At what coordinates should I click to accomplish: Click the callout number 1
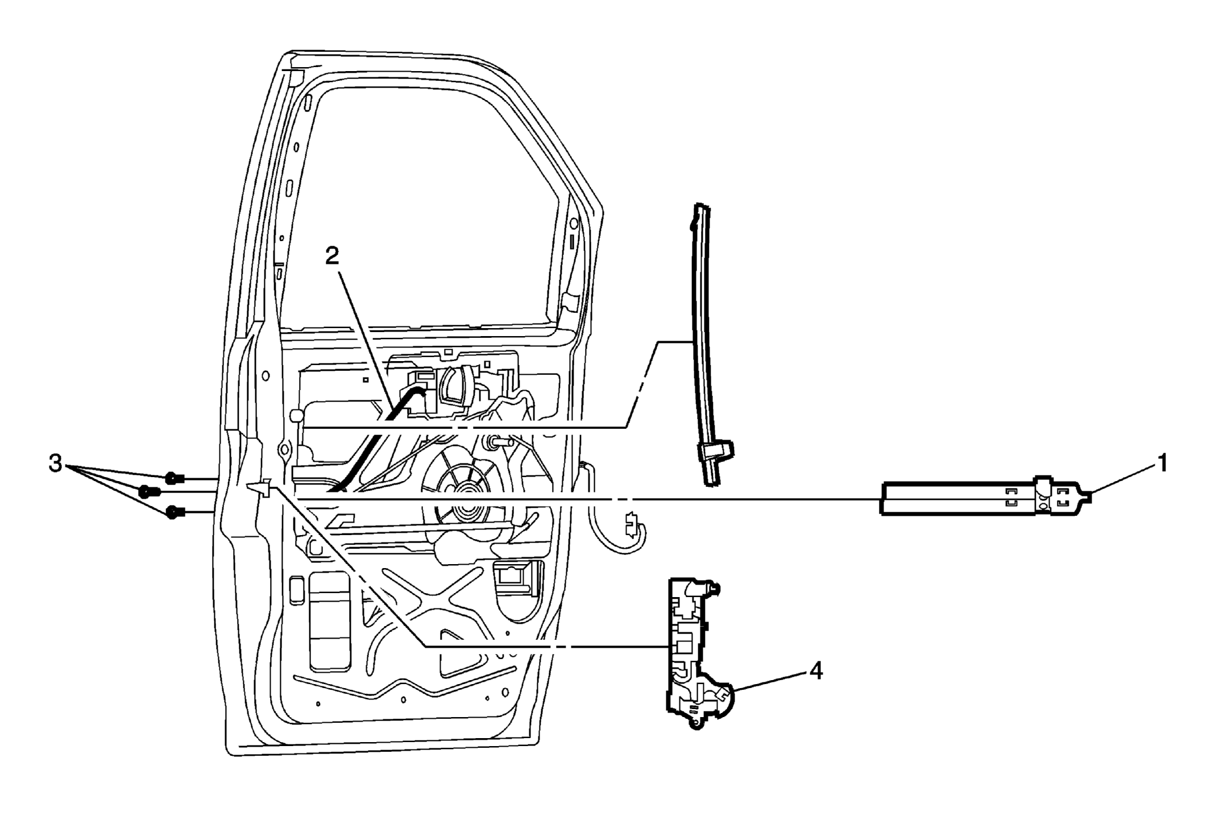(1162, 463)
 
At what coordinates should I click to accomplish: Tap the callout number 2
(332, 256)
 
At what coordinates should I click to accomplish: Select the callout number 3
(55, 464)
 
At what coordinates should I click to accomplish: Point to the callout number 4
(816, 671)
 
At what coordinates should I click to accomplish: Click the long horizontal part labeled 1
(984, 498)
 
